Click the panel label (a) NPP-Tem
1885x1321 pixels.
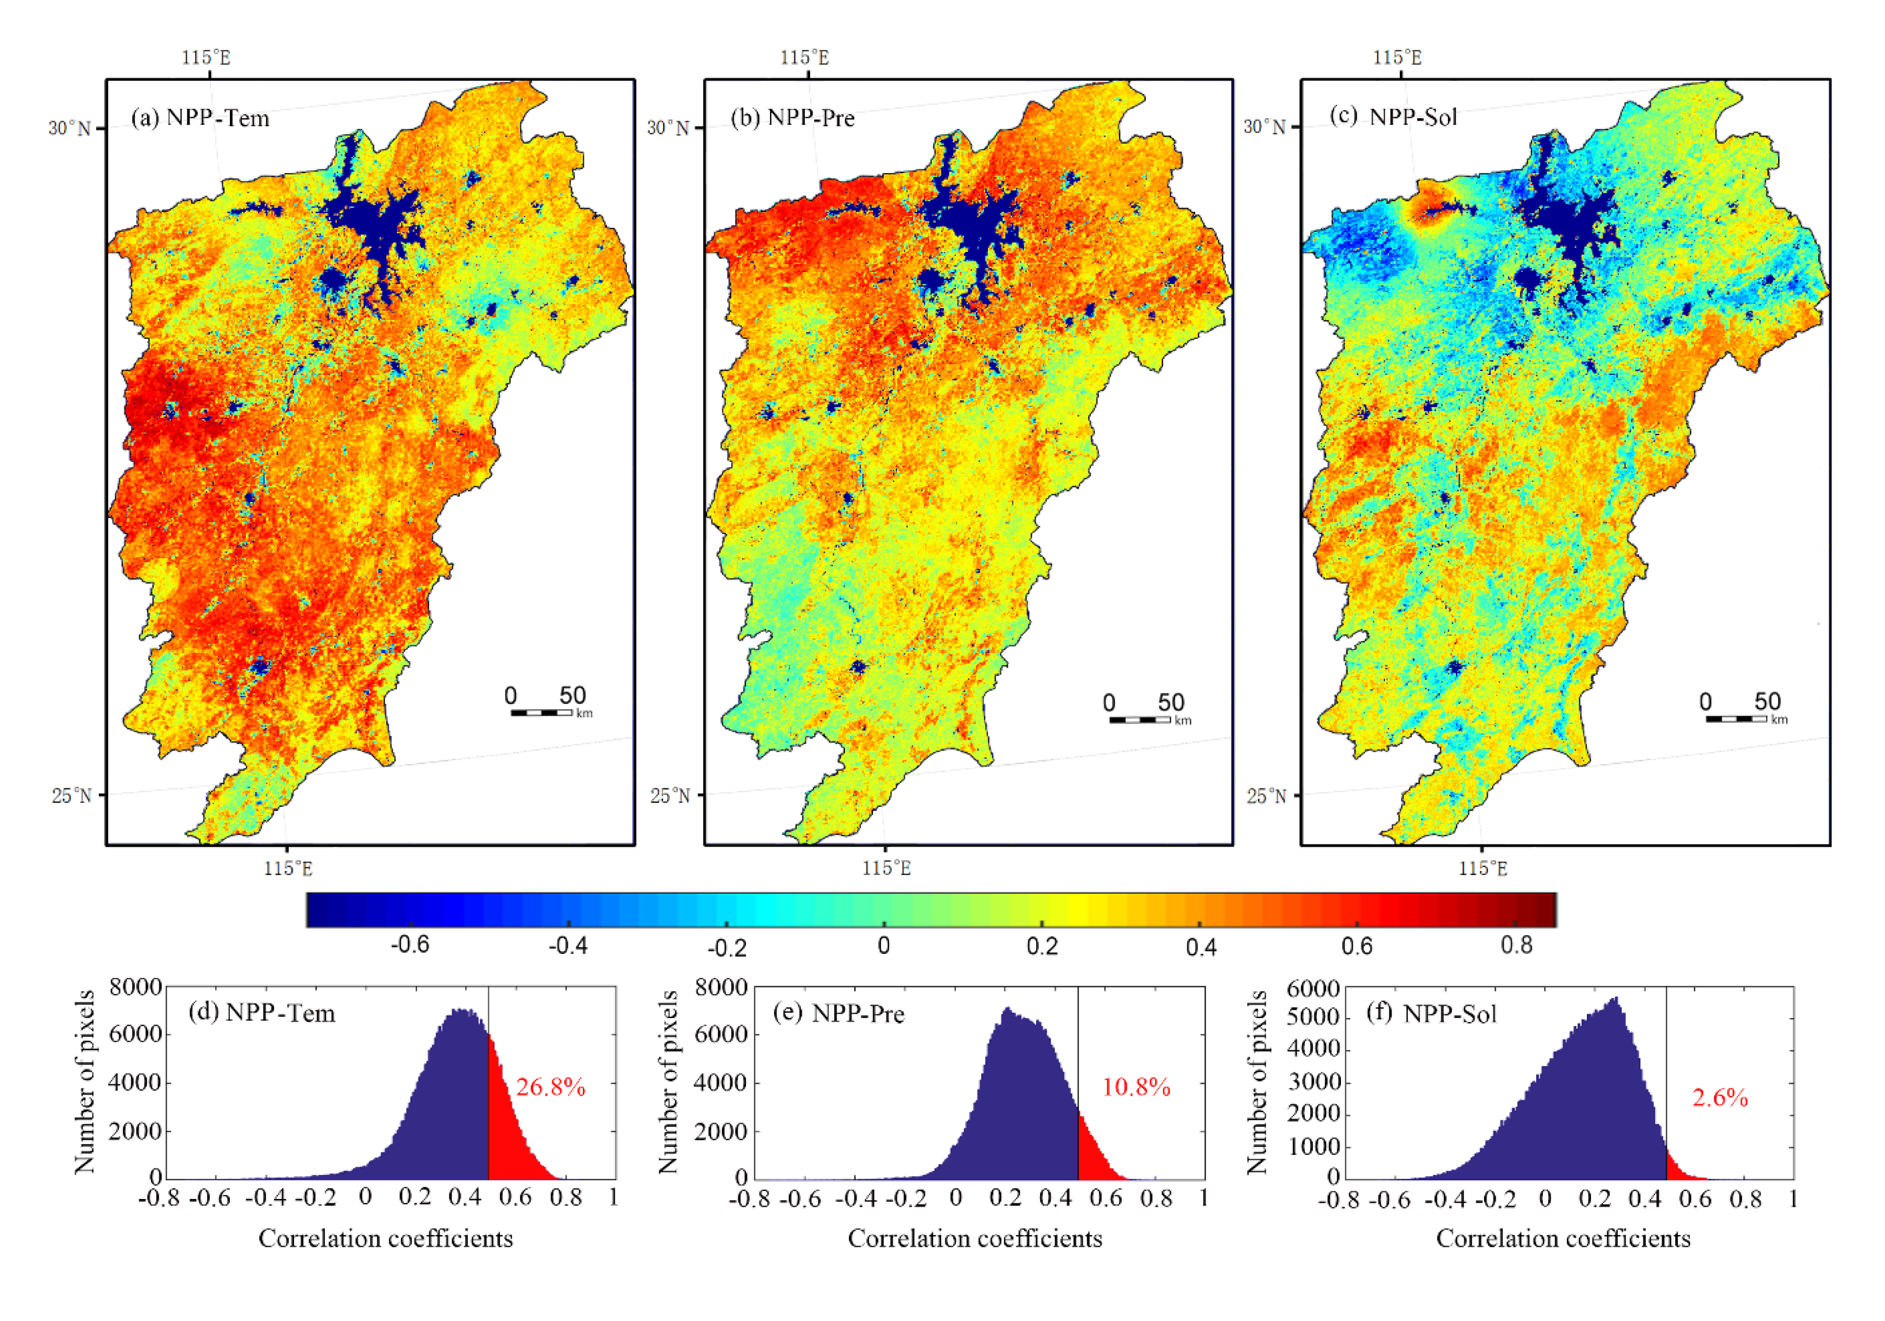[x=200, y=118]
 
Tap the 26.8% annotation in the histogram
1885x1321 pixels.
[x=550, y=1088]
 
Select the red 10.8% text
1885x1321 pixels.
[x=1136, y=1088]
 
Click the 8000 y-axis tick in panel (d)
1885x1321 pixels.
[x=136, y=987]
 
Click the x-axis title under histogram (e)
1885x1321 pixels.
[x=974, y=1238]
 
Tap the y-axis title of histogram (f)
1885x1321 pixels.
[x=1257, y=1082]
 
